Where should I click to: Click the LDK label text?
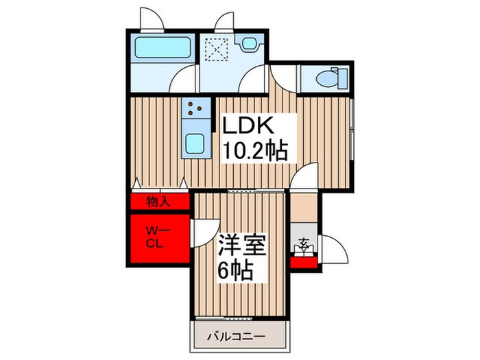(x=248, y=125)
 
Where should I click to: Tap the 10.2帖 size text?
(x=254, y=151)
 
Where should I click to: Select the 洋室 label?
(x=242, y=245)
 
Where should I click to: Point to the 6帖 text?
(x=235, y=270)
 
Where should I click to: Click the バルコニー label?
(x=236, y=337)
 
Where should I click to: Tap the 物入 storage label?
(x=158, y=202)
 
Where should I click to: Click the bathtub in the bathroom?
(x=163, y=47)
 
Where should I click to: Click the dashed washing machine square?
(x=217, y=49)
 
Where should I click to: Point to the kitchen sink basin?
(x=194, y=143)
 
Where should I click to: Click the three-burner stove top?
(x=196, y=108)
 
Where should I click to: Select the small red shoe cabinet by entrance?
(x=304, y=263)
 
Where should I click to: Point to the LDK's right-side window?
(x=352, y=131)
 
